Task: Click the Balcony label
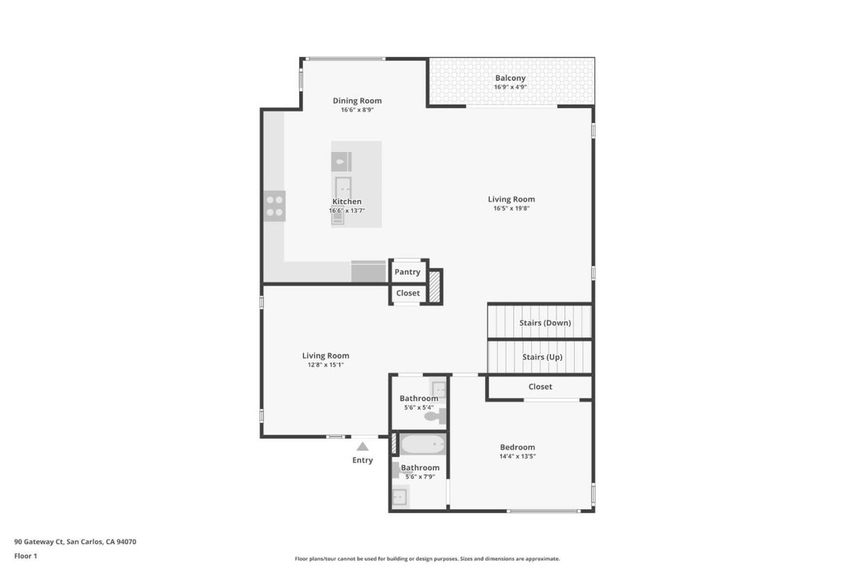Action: coord(510,78)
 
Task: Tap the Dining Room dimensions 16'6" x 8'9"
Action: coord(357,110)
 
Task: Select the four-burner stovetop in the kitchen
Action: coord(274,206)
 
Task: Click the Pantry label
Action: coord(407,272)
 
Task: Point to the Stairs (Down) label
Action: coord(545,323)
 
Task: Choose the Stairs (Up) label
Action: coord(542,357)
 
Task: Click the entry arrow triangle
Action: coord(362,447)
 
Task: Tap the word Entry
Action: coord(362,460)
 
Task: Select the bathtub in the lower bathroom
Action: coord(423,445)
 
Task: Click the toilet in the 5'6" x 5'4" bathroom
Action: coord(435,416)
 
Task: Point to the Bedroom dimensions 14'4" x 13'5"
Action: coord(518,457)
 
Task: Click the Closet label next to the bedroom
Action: coord(540,387)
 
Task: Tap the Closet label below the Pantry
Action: coord(408,294)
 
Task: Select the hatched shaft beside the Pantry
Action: coord(435,286)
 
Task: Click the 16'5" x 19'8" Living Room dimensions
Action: coord(511,208)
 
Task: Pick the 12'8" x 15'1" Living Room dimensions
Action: coord(325,365)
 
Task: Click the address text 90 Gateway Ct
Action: coord(38,542)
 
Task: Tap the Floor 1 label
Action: coord(26,557)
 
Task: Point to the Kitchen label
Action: coord(347,201)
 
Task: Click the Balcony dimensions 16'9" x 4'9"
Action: coord(510,87)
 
